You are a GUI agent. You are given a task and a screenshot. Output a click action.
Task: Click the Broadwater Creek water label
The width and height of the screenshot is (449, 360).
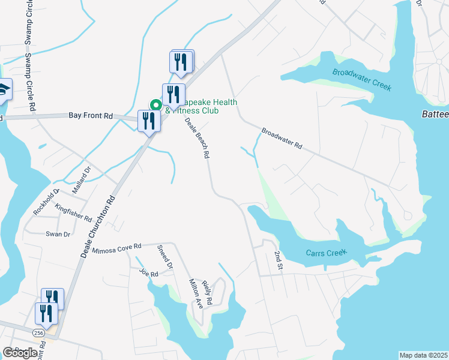point(362,79)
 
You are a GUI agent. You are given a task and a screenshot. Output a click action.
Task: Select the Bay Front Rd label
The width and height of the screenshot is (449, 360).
point(91,115)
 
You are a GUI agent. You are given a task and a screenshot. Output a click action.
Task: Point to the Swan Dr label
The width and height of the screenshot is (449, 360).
point(58,234)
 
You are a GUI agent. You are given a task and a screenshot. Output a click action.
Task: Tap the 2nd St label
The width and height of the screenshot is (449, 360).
point(277,260)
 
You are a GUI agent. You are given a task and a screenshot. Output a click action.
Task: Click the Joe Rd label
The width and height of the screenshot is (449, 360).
point(148,274)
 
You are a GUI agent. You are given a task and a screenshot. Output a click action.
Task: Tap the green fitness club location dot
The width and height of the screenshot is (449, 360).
point(155,104)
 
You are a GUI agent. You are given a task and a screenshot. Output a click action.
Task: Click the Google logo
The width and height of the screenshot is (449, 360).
point(20,353)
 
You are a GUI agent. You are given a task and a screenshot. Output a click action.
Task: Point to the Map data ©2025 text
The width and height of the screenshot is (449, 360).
point(423,355)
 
